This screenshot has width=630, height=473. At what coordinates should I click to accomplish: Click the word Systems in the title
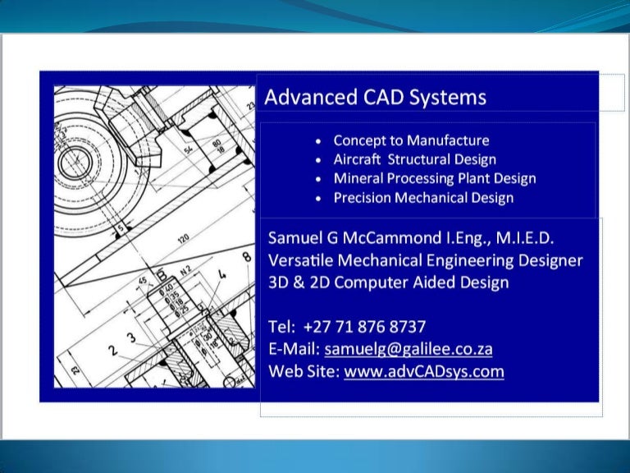[450, 98]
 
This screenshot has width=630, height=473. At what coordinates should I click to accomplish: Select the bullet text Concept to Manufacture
[411, 140]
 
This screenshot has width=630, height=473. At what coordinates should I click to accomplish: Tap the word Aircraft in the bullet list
[358, 159]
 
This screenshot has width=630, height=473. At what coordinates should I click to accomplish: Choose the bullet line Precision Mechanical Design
[423, 197]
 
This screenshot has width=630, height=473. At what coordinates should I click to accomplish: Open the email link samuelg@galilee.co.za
[409, 349]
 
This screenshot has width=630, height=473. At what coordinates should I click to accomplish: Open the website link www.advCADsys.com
[423, 371]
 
